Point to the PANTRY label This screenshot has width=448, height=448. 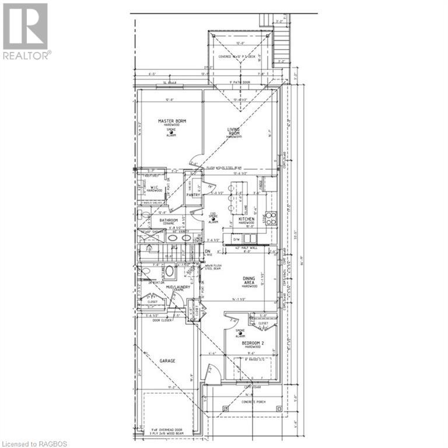(192, 195)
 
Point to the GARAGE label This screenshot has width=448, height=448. (167, 360)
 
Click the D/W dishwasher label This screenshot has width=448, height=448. (236, 240)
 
